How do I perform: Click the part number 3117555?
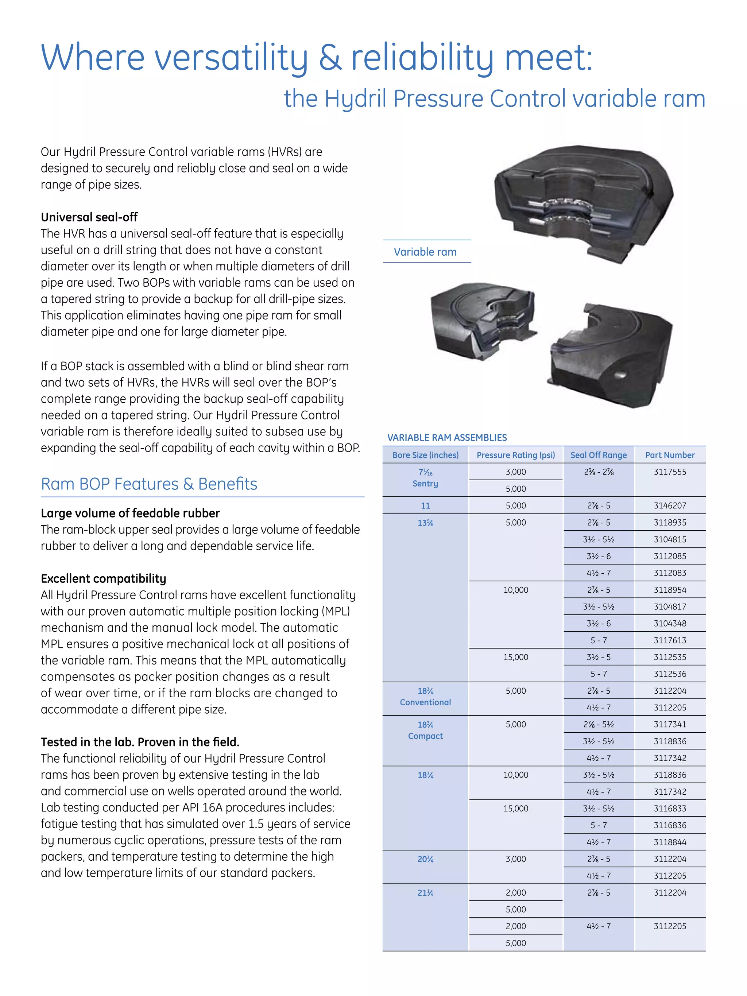pos(670,472)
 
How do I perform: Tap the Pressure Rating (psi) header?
pos(515,455)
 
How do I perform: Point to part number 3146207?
pos(670,505)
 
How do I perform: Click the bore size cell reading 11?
pos(425,505)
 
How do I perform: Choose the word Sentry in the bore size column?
pos(425,484)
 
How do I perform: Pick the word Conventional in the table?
pos(425,702)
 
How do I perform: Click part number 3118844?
pos(670,842)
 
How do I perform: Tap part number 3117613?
pos(670,640)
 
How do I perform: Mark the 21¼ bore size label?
pos(425,893)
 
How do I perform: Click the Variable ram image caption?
pos(425,252)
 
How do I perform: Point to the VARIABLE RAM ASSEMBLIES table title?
pos(447,438)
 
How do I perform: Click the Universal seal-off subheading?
pos(89,217)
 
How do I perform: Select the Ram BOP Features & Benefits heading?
pos(149,484)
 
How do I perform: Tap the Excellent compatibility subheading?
pos(103,578)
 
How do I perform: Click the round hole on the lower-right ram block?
pos(622,374)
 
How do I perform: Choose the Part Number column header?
pos(670,455)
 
